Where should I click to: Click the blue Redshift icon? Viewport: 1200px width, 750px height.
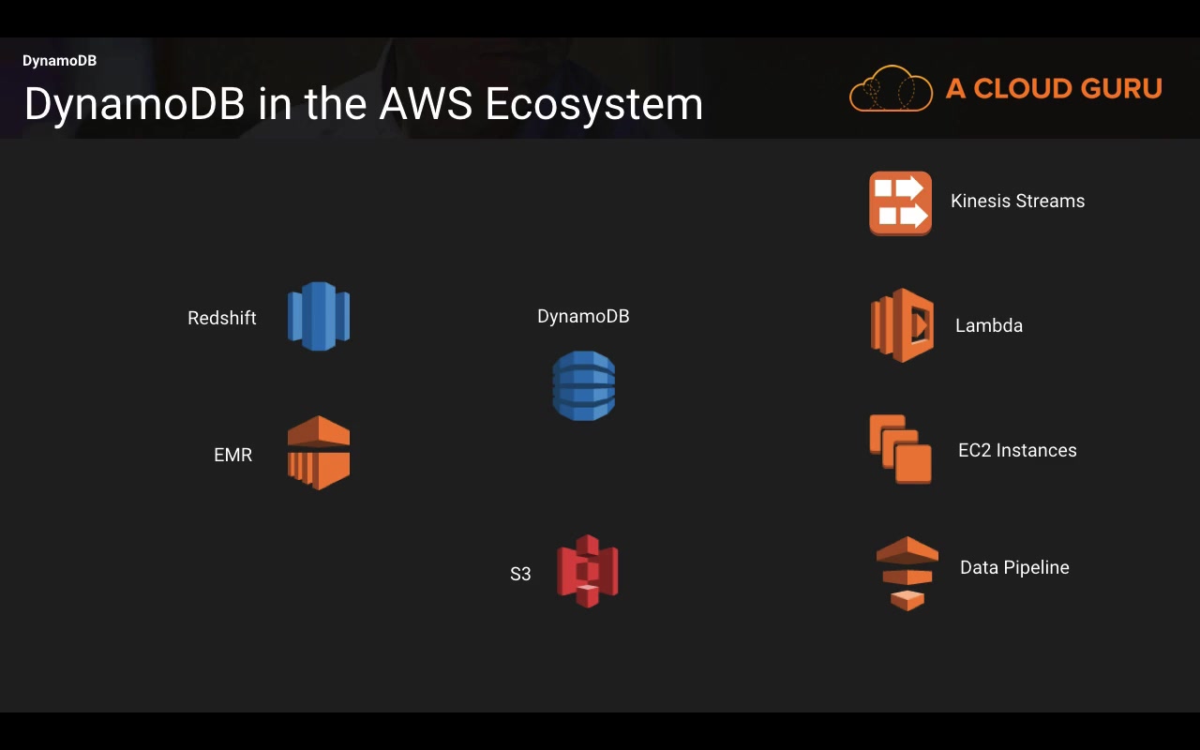319,316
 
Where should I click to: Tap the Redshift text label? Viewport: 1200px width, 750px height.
222,318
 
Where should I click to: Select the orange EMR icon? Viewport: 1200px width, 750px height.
319,453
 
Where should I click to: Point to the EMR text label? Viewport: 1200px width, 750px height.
232,455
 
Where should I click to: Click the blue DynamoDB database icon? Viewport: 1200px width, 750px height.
583,385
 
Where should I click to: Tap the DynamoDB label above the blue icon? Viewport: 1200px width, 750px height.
583,316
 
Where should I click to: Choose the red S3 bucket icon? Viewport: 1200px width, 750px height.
588,571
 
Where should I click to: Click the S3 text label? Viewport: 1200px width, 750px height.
520,574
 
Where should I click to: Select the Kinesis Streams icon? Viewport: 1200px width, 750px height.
900,202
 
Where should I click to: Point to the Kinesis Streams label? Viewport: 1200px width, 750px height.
1017,201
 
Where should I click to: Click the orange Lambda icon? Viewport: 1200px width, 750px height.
902,325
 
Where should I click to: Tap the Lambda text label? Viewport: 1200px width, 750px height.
988,325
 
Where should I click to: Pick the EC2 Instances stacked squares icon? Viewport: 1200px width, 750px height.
900,449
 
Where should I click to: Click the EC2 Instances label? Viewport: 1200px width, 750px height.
1017,450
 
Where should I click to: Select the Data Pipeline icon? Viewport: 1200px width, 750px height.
907,573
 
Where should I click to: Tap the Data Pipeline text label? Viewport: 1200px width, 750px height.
1014,567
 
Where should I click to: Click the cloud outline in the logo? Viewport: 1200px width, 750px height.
891,89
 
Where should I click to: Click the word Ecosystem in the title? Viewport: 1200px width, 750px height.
594,104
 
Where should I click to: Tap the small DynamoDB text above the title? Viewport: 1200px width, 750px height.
59,61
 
